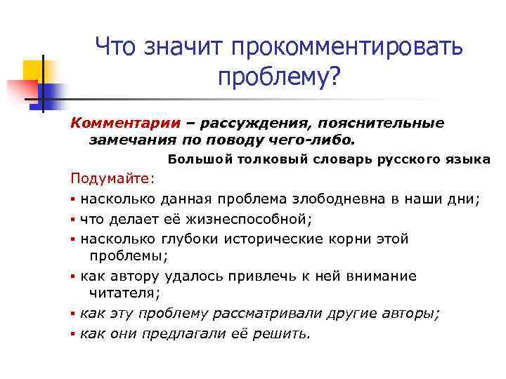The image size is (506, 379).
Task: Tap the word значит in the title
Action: (179, 48)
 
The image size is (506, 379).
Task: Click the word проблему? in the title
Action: (279, 78)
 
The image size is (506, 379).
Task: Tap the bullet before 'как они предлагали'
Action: (73, 334)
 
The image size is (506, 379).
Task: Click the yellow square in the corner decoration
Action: (33, 71)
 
